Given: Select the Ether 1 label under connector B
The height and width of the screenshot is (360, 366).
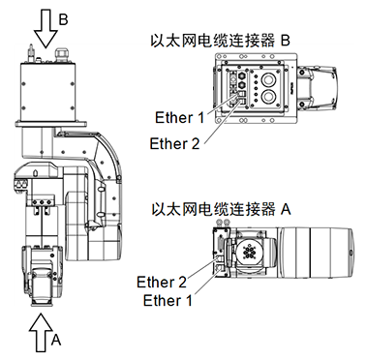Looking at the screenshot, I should (180, 119).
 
